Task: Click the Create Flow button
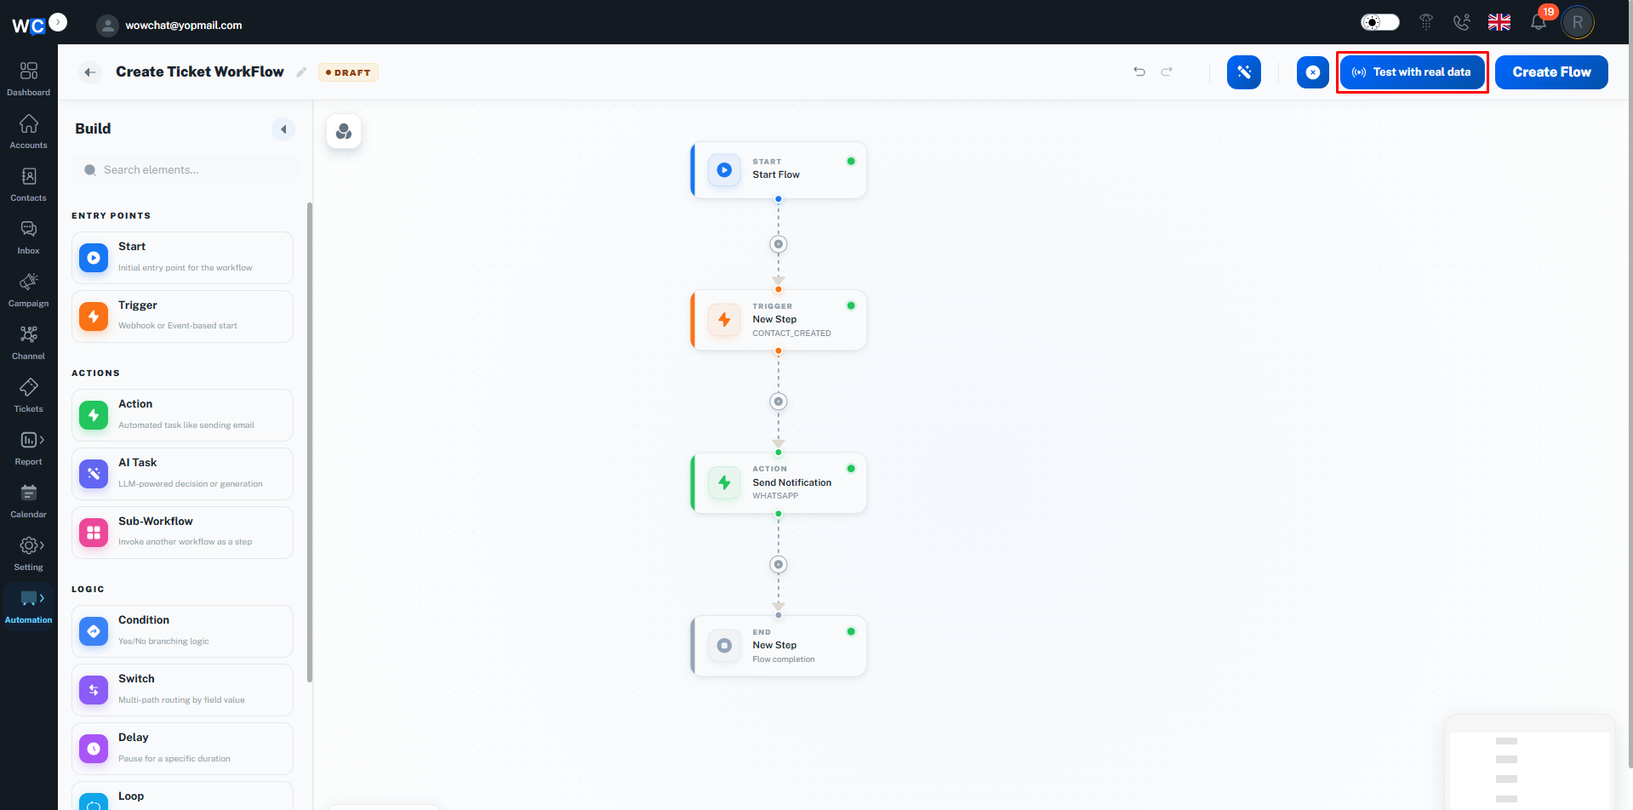click(x=1551, y=72)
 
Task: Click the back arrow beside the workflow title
click(x=90, y=72)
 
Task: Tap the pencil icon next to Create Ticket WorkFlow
click(x=301, y=72)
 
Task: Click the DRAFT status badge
click(x=348, y=72)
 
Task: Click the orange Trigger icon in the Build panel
click(x=94, y=317)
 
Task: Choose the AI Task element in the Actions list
click(x=182, y=474)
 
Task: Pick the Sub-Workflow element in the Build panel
click(x=182, y=533)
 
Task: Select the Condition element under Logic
click(x=182, y=631)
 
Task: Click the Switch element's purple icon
click(x=94, y=690)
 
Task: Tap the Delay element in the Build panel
click(x=182, y=749)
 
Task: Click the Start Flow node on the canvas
click(x=779, y=170)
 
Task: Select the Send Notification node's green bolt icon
click(x=724, y=482)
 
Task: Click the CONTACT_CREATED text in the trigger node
click(x=791, y=334)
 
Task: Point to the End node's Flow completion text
click(x=784, y=659)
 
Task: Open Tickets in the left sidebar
click(x=29, y=396)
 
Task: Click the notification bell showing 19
click(x=1539, y=21)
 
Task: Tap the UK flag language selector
click(x=1499, y=22)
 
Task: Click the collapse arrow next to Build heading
click(x=283, y=129)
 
